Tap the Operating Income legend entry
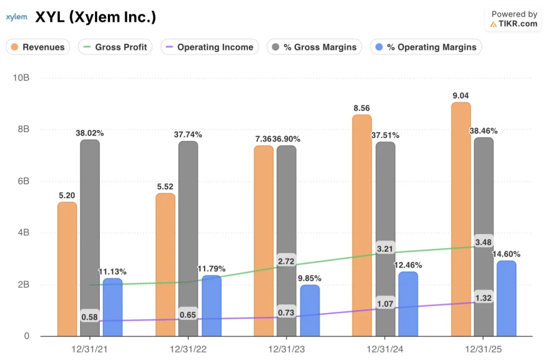[209, 47]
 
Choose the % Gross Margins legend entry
[312, 47]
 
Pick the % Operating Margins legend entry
[426, 47]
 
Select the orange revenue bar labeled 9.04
[460, 219]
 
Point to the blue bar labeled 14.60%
[506, 299]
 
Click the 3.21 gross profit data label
[385, 249]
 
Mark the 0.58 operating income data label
[90, 317]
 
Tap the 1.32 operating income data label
[483, 298]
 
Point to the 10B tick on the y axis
[21, 78]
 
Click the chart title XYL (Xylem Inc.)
[96, 18]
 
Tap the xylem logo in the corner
[16, 17]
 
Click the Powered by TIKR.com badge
[513, 19]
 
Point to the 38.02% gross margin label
[89, 133]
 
